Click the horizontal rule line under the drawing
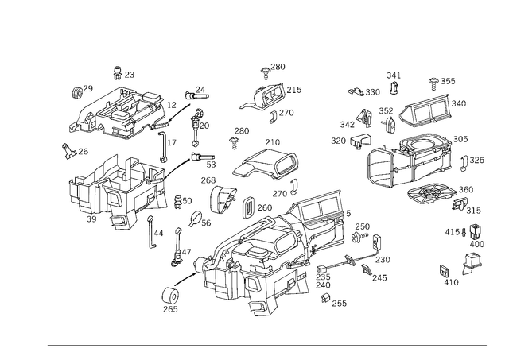click(x=266, y=344)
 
